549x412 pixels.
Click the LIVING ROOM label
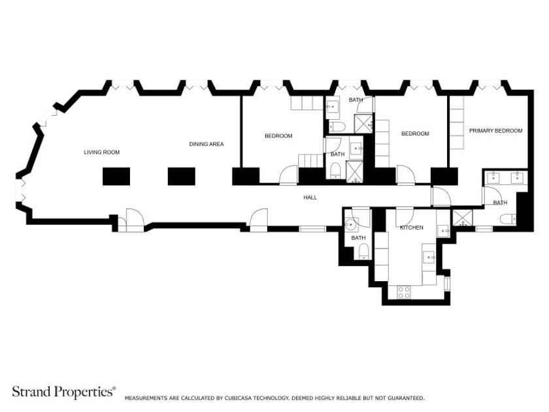(x=101, y=152)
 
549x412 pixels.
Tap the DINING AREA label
(x=207, y=144)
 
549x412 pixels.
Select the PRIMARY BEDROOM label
(x=496, y=131)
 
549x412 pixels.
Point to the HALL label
(x=310, y=197)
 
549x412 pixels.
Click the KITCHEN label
(x=412, y=228)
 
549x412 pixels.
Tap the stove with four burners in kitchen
(x=403, y=292)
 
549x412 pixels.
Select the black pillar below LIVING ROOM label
(x=116, y=176)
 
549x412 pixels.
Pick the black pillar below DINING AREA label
(x=182, y=176)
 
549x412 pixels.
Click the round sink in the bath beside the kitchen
(x=350, y=224)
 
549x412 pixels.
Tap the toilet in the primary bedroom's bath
(x=508, y=219)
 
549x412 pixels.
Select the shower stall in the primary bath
(x=463, y=218)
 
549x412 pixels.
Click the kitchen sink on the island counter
(x=429, y=257)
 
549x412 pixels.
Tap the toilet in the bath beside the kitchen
(x=364, y=251)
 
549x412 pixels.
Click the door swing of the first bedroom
(x=288, y=175)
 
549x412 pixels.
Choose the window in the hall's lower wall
(x=312, y=229)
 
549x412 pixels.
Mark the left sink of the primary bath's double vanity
(x=493, y=178)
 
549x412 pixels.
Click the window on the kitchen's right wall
(x=447, y=283)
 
